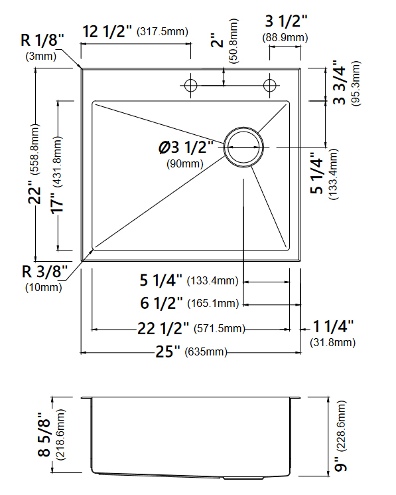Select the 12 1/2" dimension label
pyautogui.click(x=107, y=31)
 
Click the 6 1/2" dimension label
pyautogui.click(x=161, y=304)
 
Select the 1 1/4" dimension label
pyautogui.click(x=333, y=326)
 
